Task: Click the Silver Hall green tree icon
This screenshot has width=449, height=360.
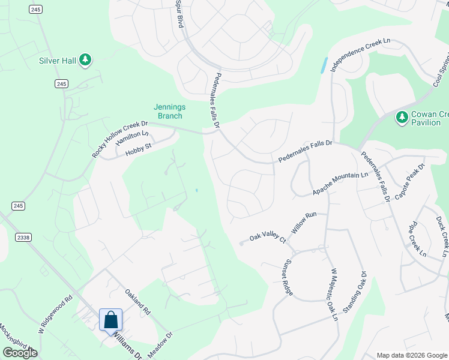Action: pos(86,59)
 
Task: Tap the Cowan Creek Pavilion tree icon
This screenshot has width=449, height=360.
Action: pos(402,118)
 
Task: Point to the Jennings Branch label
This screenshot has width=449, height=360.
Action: pos(169,112)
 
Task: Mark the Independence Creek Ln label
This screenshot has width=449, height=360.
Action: pos(360,54)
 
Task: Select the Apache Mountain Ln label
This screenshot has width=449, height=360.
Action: pos(339,184)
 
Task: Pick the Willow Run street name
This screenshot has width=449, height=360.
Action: pos(303,223)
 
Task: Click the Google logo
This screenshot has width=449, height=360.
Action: pos(20,353)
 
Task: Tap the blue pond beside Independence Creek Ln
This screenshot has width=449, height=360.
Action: pos(324,65)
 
